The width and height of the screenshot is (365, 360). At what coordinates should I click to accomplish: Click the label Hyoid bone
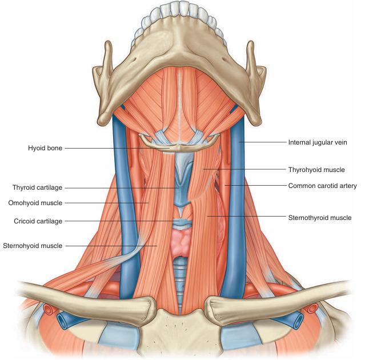[x=45, y=148]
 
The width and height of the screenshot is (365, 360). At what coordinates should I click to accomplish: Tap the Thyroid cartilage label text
[x=37, y=187]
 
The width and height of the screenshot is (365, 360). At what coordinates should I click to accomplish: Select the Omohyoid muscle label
[x=35, y=203]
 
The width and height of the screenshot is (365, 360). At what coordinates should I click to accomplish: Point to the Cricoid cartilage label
[x=38, y=221]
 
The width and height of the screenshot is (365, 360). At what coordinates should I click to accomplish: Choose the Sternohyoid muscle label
[x=32, y=246]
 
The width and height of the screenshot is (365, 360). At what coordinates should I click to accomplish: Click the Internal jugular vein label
[x=318, y=142]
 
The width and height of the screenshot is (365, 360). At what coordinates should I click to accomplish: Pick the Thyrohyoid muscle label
[x=316, y=170]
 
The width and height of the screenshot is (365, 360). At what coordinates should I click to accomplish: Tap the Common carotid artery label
[x=322, y=186]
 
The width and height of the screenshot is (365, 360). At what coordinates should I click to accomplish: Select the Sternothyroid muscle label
[x=319, y=217]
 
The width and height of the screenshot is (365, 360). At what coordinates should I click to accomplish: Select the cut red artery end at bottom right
[x=312, y=309]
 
